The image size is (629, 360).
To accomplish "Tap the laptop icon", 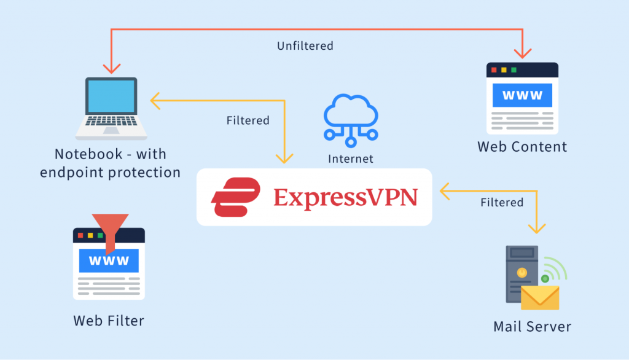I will [x=111, y=108].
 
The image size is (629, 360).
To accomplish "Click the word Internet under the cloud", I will [x=351, y=159].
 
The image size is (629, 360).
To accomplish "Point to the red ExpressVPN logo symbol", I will [x=234, y=197].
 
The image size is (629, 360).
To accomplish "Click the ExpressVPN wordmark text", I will [x=346, y=198].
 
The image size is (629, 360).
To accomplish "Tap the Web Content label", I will [x=522, y=147].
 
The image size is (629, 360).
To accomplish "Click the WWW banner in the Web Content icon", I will [x=522, y=95].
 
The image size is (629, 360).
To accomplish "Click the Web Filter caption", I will [x=109, y=321].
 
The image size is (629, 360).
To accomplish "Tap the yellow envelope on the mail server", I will [x=540, y=297].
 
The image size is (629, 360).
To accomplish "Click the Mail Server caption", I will [x=532, y=326].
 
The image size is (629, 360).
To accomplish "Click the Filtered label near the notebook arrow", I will [x=248, y=120].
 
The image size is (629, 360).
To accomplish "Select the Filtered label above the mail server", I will [x=502, y=202].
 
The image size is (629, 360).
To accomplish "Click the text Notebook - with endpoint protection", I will [x=110, y=163].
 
